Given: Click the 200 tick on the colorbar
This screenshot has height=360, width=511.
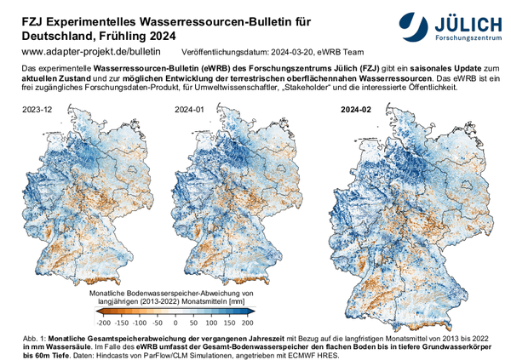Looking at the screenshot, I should [248, 323].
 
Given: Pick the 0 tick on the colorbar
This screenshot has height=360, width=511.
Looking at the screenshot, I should [176, 323].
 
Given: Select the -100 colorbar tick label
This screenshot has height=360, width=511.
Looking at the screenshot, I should [139, 323].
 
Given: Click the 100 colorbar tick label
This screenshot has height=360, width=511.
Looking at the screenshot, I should [211, 323].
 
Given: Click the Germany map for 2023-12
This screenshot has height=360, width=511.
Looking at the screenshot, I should [80, 196].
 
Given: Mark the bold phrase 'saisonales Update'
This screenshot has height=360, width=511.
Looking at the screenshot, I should [415, 66].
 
